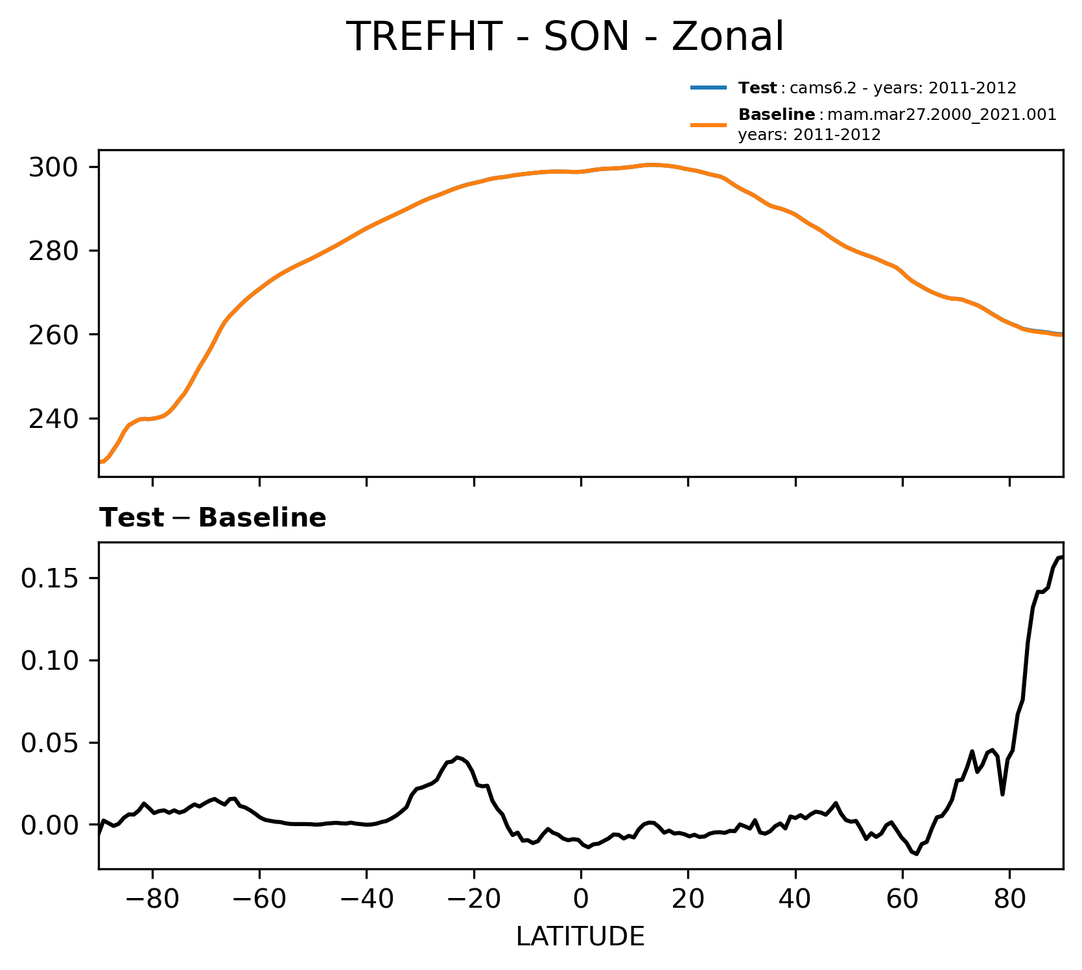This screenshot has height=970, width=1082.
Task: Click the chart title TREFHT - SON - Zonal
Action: (x=565, y=37)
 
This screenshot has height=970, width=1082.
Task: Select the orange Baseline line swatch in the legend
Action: (x=708, y=124)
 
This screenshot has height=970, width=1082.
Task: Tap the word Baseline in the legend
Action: (x=777, y=115)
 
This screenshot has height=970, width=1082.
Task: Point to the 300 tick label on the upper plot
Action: (x=54, y=168)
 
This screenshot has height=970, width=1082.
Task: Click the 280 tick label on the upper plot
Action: (x=54, y=251)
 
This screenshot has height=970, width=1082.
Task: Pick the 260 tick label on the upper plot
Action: (x=54, y=335)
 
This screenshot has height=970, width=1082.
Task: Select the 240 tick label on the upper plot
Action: (x=54, y=419)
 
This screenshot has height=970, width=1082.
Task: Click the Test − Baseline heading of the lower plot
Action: (x=213, y=518)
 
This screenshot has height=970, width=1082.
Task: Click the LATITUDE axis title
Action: (x=580, y=937)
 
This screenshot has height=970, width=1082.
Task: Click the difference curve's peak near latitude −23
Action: (x=458, y=757)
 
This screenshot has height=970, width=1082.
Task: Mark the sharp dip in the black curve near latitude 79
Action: (x=1002, y=794)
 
